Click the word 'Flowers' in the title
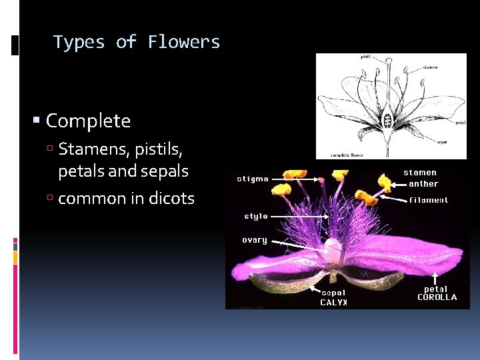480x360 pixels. pyautogui.click(x=184, y=42)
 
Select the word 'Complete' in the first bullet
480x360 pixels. pyautogui.click(x=88, y=121)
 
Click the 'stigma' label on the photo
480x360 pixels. pyautogui.click(x=253, y=178)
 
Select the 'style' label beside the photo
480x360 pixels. pyautogui.click(x=255, y=216)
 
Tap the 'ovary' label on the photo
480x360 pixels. pyautogui.click(x=254, y=240)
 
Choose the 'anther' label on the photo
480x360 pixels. pyautogui.click(x=423, y=184)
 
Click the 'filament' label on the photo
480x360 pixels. pyautogui.click(x=429, y=199)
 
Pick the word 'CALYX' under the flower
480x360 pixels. pyautogui.click(x=333, y=302)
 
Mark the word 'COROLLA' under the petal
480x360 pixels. pyautogui.click(x=437, y=297)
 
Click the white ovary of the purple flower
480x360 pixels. pyautogui.click(x=331, y=250)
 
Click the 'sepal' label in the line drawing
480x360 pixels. pyautogui.click(x=441, y=141)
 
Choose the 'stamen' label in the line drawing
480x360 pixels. pyautogui.click(x=430, y=67)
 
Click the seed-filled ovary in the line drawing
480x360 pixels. pyautogui.click(x=387, y=121)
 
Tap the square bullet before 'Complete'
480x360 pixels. pyautogui.click(x=37, y=121)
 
